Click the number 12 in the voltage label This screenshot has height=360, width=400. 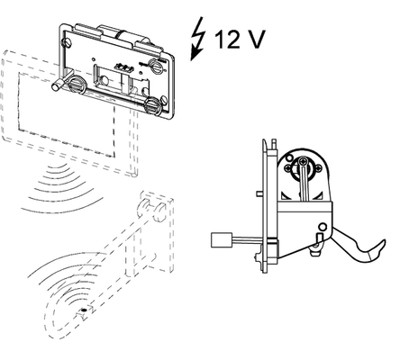click(227, 39)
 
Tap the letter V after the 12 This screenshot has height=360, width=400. click(255, 39)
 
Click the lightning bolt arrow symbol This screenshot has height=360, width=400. click(197, 39)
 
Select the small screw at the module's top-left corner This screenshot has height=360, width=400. click(68, 42)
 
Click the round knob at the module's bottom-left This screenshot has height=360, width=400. click(77, 84)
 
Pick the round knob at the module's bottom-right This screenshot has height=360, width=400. click(153, 105)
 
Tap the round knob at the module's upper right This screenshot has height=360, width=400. click(157, 66)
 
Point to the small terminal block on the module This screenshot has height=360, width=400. click(123, 67)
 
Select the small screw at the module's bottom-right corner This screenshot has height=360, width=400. click(164, 101)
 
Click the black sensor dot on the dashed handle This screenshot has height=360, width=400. click(84, 310)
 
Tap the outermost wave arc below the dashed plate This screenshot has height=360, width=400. click(61, 207)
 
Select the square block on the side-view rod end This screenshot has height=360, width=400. click(222, 239)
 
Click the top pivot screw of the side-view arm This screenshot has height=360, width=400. click(304, 161)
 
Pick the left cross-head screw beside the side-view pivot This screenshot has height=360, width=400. click(288, 167)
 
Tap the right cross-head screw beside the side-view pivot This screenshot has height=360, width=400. click(318, 168)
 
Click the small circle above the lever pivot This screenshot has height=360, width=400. click(323, 227)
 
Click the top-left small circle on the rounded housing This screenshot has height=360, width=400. click(289, 157)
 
